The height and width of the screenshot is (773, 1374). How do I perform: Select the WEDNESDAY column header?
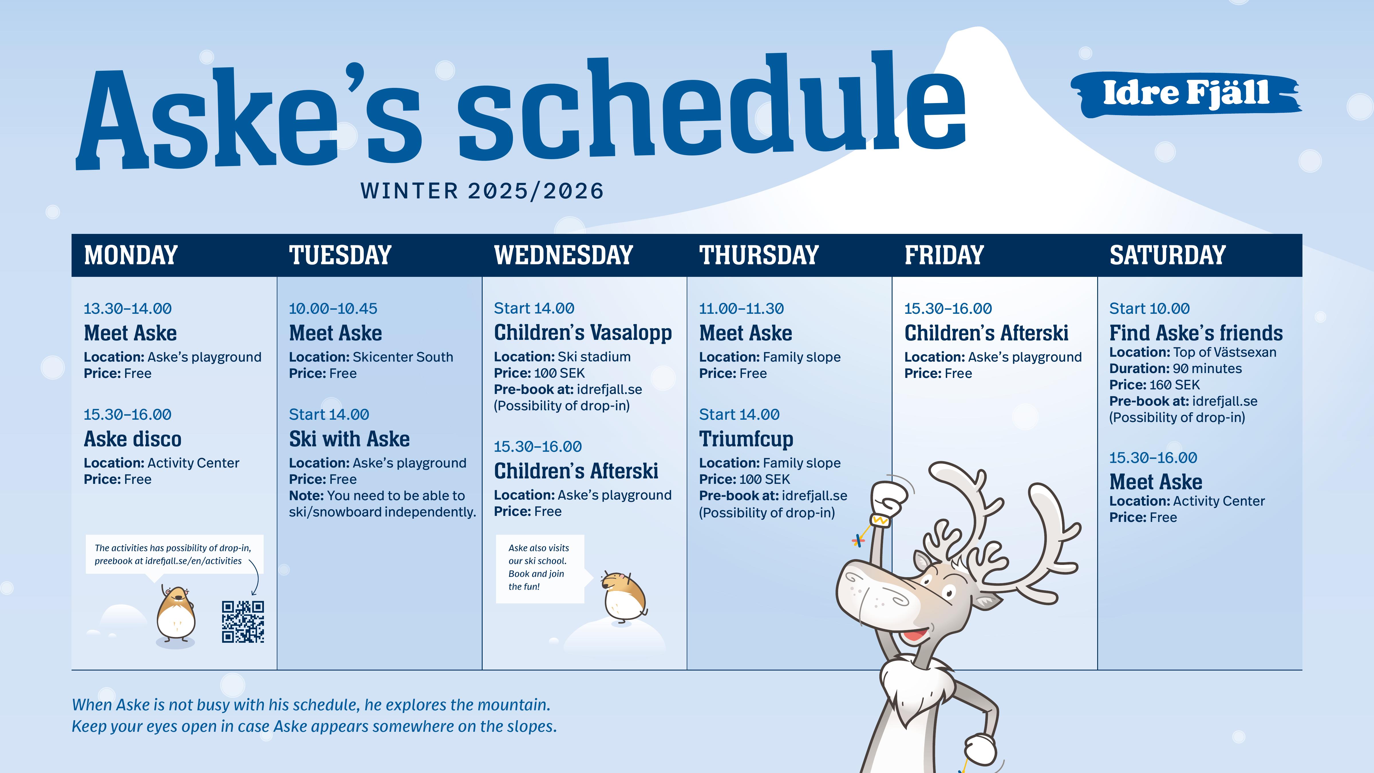click(x=563, y=255)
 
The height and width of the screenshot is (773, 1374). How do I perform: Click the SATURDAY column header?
click(x=1168, y=255)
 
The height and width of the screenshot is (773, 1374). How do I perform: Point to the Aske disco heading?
click(x=133, y=439)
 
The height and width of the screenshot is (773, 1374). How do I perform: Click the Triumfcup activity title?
click(x=746, y=439)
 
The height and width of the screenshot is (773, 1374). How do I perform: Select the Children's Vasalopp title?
click(x=583, y=333)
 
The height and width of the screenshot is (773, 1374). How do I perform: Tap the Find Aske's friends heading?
click(x=1196, y=333)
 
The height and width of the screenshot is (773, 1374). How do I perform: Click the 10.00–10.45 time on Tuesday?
click(x=333, y=308)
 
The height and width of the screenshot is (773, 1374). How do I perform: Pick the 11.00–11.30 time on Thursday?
click(x=741, y=308)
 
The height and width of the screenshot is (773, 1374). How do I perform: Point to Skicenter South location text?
click(x=403, y=357)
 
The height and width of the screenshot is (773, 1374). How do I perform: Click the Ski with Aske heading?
click(x=349, y=439)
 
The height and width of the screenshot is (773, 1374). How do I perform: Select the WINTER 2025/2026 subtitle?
click(x=482, y=191)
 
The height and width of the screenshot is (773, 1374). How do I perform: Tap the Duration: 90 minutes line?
click(x=1176, y=369)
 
